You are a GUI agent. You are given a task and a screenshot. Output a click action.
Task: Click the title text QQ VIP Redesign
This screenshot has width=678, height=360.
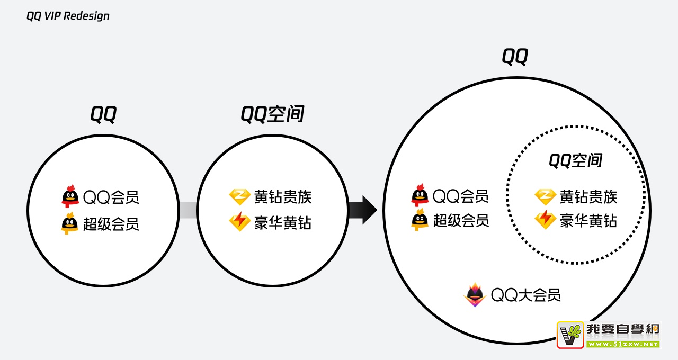(68, 16)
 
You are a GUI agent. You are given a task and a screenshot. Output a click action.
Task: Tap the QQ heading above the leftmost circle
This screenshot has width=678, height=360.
(103, 114)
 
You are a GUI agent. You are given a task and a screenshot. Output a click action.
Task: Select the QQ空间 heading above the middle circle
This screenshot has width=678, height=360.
(272, 114)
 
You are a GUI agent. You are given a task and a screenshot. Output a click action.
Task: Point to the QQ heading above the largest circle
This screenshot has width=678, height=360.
(515, 56)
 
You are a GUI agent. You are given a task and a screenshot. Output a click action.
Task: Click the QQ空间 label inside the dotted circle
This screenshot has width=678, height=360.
(576, 160)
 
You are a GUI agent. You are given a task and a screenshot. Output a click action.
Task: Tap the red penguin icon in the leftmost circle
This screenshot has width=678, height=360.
(70, 196)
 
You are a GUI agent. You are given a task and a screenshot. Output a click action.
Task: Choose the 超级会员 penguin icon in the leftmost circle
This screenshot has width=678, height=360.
(69, 223)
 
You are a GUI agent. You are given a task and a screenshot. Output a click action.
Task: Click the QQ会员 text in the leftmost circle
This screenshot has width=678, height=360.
(111, 197)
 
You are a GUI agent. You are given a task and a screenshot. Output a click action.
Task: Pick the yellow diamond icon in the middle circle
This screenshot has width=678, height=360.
(239, 197)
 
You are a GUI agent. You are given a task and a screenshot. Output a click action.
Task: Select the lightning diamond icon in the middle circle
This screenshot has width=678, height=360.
(239, 222)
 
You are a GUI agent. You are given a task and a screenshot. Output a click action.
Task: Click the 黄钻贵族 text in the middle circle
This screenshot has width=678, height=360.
(283, 197)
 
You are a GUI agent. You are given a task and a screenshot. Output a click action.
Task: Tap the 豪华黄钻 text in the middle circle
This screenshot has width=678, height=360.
(283, 223)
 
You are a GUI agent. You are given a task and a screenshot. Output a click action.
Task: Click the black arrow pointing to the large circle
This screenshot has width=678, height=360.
(363, 210)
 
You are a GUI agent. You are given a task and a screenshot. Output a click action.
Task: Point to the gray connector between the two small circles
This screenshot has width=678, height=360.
(188, 210)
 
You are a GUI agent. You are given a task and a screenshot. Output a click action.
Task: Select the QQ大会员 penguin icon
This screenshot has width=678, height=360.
(475, 295)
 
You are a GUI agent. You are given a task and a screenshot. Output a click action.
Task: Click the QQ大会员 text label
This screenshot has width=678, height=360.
(526, 295)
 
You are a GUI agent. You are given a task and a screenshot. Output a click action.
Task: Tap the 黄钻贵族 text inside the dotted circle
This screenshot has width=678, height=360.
(588, 197)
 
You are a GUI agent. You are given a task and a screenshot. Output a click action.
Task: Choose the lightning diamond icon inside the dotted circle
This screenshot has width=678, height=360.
(545, 220)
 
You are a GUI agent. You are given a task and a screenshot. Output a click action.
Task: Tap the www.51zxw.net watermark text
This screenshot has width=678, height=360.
(622, 344)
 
